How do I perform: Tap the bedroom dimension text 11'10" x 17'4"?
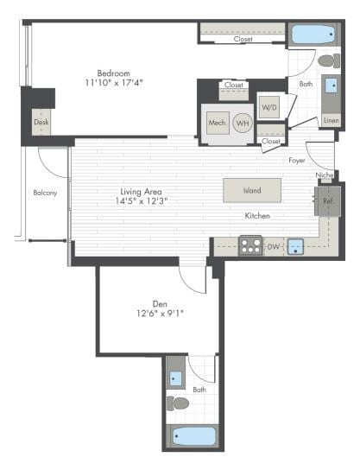114,83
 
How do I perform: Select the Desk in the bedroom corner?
41,121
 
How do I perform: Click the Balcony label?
45,192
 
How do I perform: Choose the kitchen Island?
252,190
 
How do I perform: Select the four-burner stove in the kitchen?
250,247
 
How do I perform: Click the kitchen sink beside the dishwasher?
296,247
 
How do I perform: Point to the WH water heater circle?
243,124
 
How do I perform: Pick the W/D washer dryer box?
269,108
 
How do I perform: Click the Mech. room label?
217,124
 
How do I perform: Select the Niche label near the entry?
324,175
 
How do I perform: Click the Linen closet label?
331,120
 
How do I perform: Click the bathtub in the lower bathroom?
193,435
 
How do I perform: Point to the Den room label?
159,303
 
